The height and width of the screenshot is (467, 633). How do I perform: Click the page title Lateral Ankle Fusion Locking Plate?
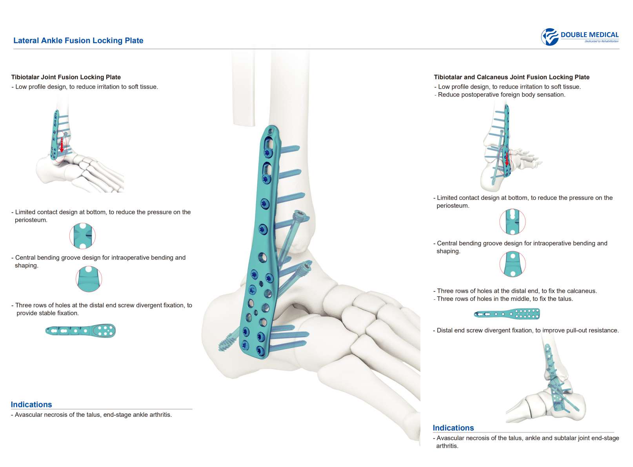pyautogui.click(x=78, y=40)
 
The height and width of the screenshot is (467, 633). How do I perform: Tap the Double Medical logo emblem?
pyautogui.click(x=550, y=37)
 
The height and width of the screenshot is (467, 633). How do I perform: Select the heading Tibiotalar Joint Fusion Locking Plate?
pyautogui.click(x=66, y=77)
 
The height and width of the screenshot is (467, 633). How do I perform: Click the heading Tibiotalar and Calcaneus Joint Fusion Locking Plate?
pyautogui.click(x=511, y=77)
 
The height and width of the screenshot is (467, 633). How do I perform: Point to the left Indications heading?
pyautogui.click(x=31, y=405)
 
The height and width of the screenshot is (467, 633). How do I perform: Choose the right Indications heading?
pyautogui.click(x=453, y=428)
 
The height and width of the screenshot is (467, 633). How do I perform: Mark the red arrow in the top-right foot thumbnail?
pyautogui.click(x=507, y=159)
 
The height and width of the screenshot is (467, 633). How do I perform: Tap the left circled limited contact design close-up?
pyautogui.click(x=82, y=236)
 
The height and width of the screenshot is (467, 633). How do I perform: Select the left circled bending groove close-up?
pyautogui.click(x=89, y=279)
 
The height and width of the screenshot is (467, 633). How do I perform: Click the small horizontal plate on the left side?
pyautogui.click(x=80, y=330)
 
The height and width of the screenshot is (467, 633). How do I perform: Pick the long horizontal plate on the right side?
pyautogui.click(x=507, y=314)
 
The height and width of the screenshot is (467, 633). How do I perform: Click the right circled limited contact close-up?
pyautogui.click(x=512, y=222)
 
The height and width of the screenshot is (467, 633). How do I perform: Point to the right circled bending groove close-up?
pyautogui.click(x=512, y=264)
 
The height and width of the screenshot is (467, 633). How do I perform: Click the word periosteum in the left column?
pyautogui.click(x=31, y=220)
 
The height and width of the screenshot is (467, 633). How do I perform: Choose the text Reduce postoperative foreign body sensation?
pyautogui.click(x=501, y=95)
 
